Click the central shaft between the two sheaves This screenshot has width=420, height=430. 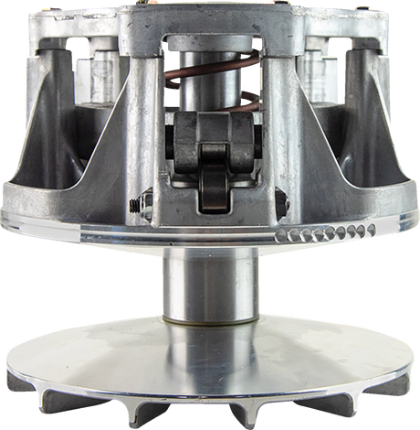pyautogui.click(x=208, y=284)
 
